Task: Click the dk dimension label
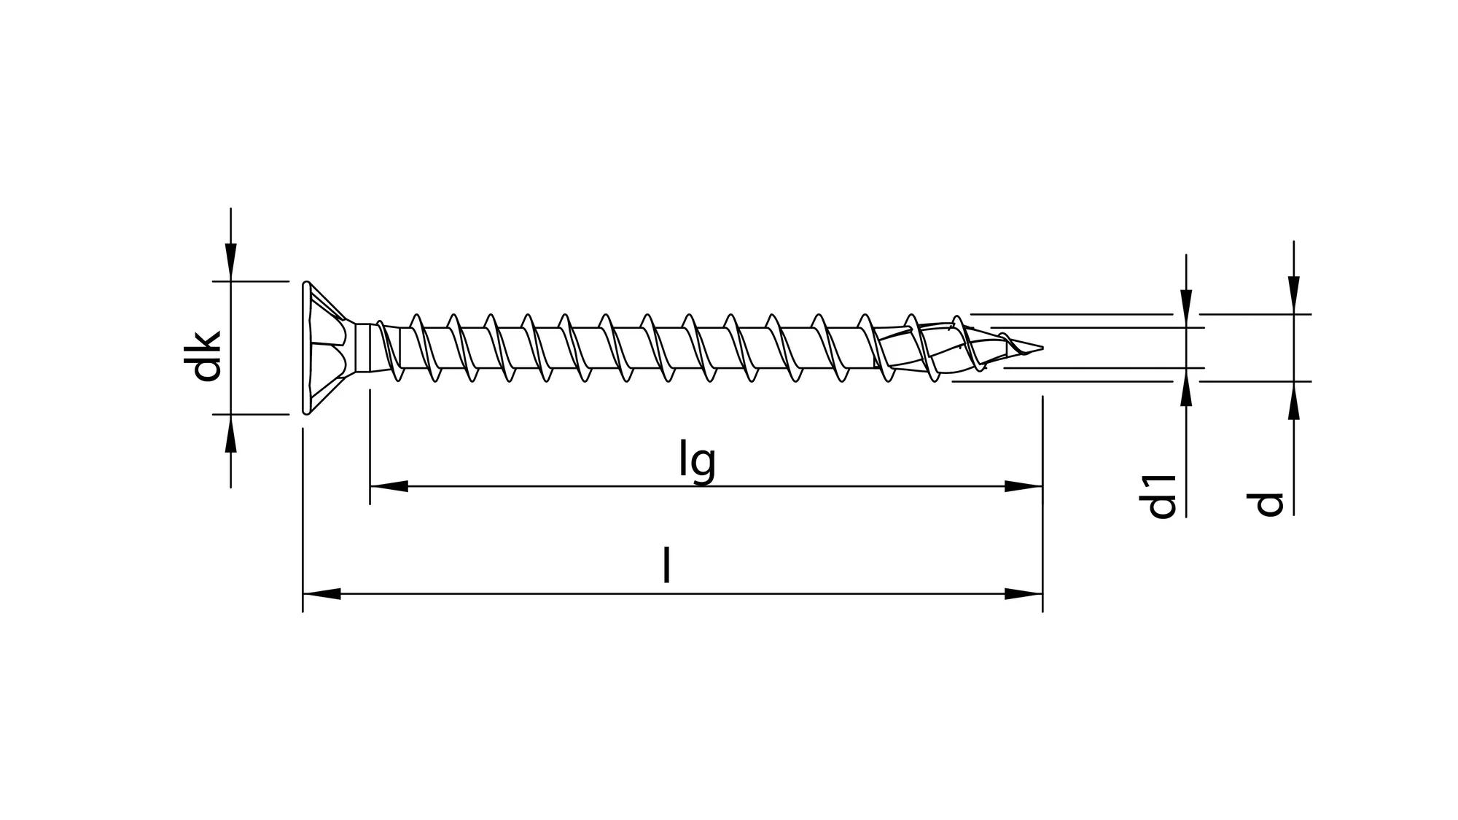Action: click(x=206, y=355)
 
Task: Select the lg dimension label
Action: click(x=697, y=461)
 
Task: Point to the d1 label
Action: click(x=1162, y=496)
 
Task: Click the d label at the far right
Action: click(x=1269, y=503)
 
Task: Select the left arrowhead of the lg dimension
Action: click(x=388, y=486)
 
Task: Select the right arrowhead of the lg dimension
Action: click(x=1024, y=486)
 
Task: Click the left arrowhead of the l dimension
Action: click(x=321, y=593)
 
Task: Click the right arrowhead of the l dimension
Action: click(x=1024, y=593)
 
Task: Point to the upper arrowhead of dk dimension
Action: click(x=230, y=262)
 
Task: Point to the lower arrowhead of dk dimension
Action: click(x=230, y=433)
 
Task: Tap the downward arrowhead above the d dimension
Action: click(x=1293, y=296)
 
